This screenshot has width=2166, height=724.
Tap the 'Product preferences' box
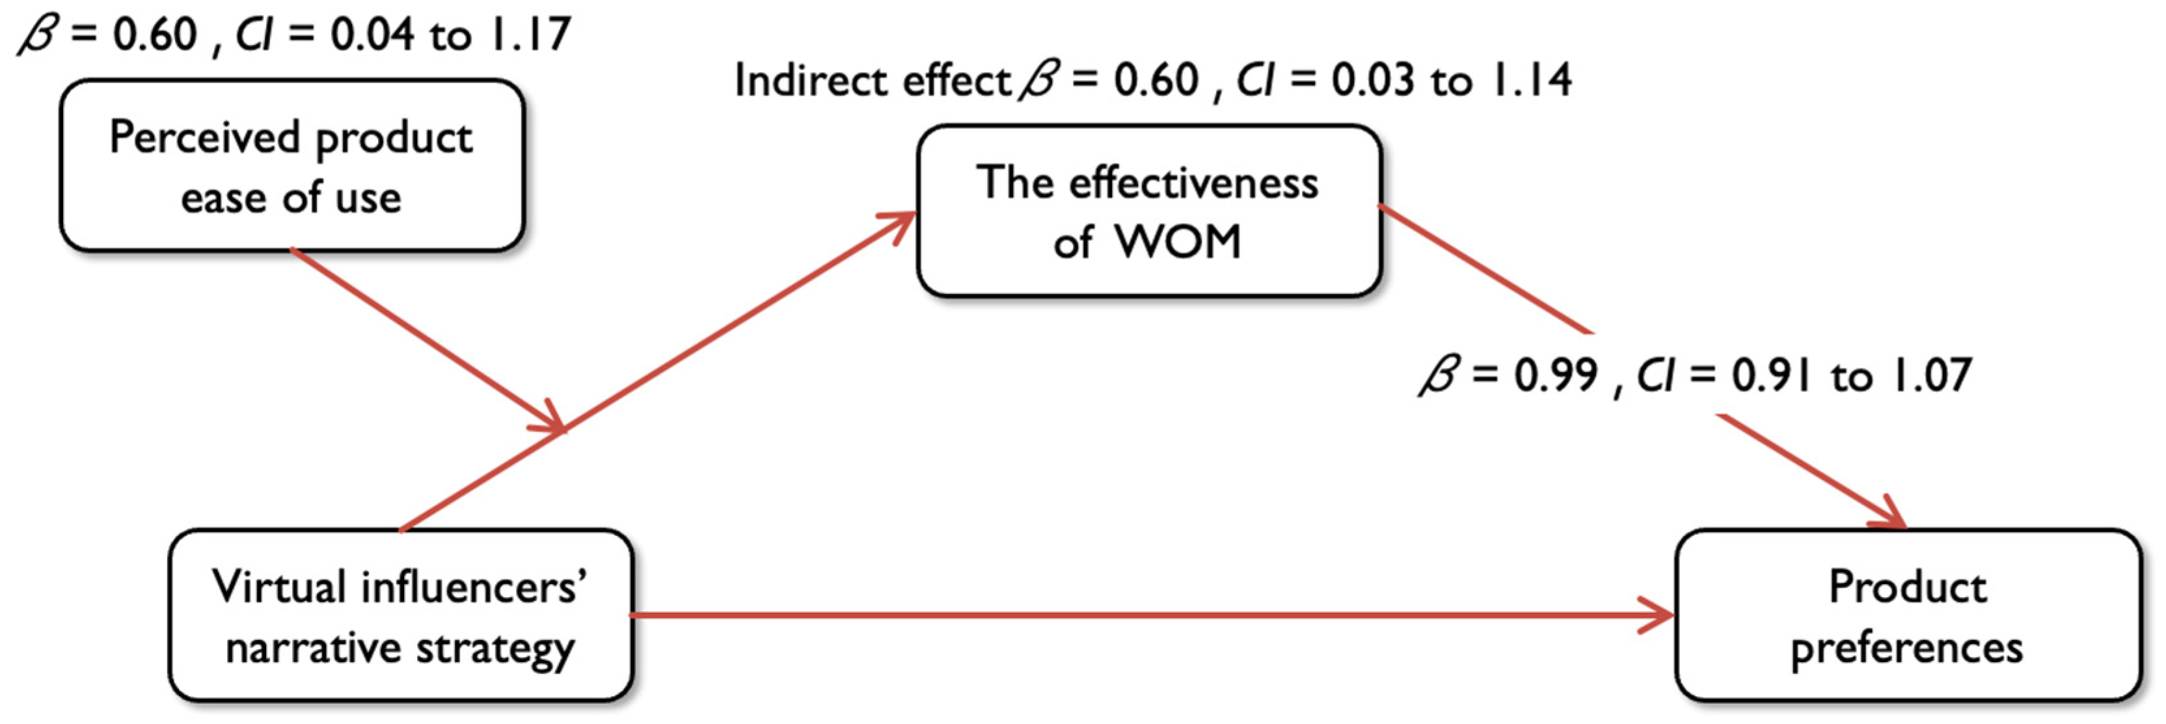[1907, 615]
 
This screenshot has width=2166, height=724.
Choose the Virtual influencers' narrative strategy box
[400, 615]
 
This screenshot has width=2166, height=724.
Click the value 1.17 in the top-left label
[530, 35]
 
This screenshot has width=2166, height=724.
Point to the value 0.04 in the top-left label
[371, 35]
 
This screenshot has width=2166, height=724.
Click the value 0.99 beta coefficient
[1556, 375]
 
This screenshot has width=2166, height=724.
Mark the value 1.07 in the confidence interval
[1930, 375]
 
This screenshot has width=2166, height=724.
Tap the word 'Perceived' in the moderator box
[204, 137]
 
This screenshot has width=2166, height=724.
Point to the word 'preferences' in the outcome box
[1907, 649]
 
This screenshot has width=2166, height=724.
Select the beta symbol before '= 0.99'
[1439, 375]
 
